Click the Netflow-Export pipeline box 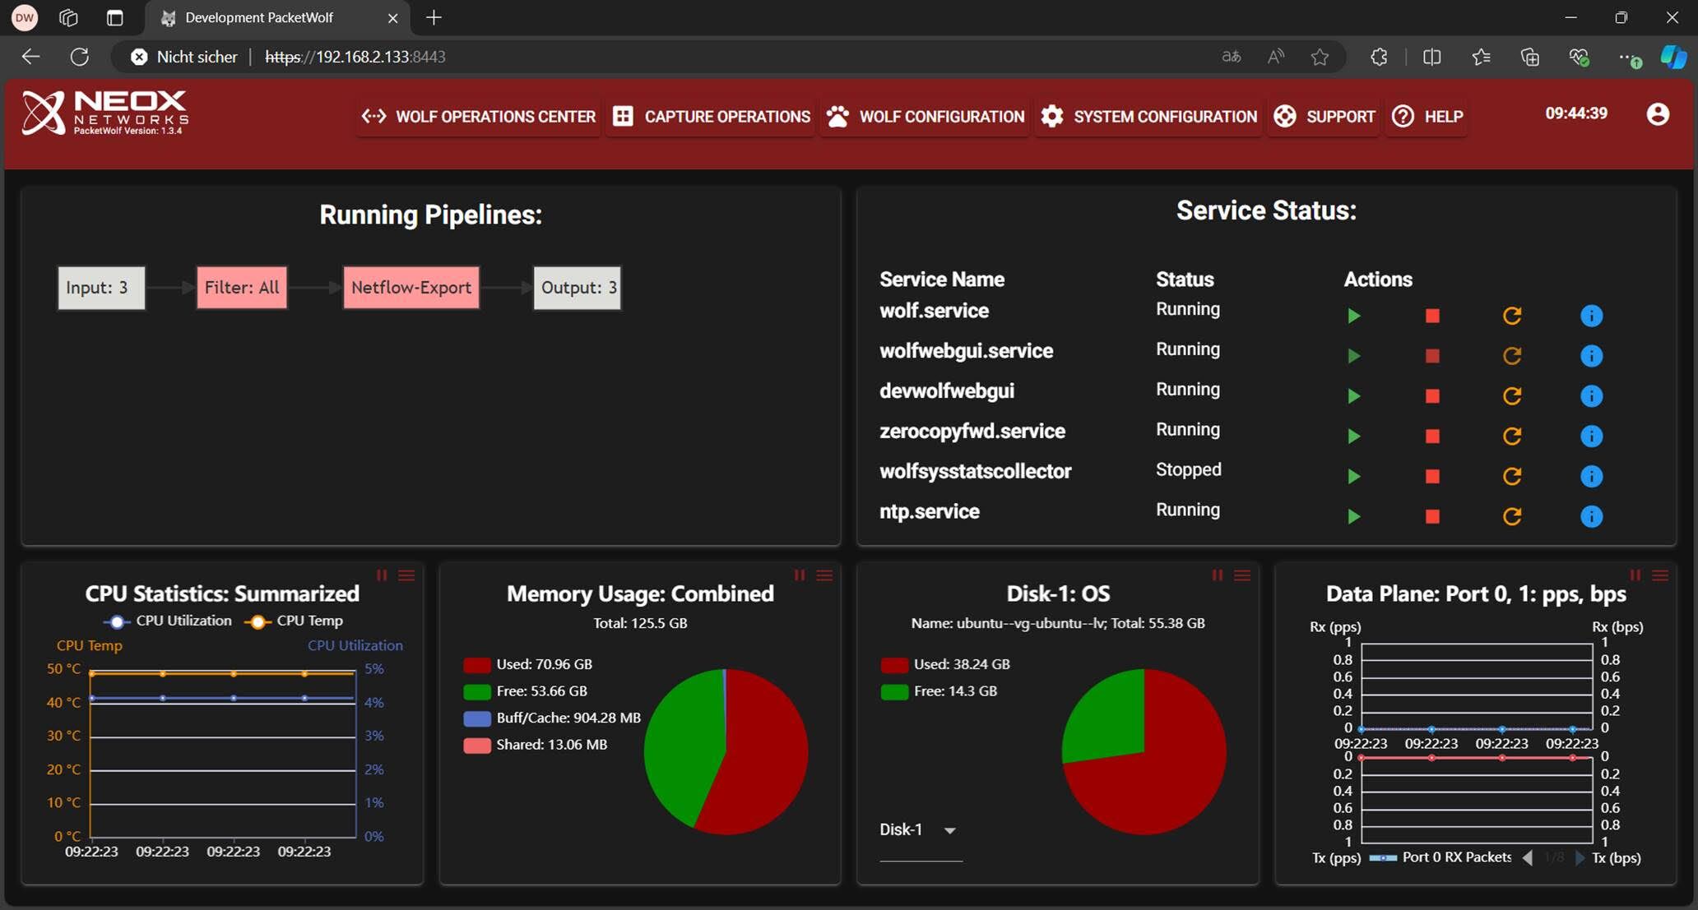(411, 288)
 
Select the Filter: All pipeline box (242, 288)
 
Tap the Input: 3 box (101, 288)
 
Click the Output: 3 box (578, 288)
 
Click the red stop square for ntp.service (1432, 516)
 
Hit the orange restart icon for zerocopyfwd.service (1512, 436)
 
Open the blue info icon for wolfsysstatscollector (1592, 476)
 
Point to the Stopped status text (1189, 469)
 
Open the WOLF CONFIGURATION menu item (926, 117)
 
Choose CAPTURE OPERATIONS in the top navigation (712, 117)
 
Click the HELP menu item (1427, 117)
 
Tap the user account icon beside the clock (1658, 114)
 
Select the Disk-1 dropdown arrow (950, 831)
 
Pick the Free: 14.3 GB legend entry (939, 691)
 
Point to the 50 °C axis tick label (63, 669)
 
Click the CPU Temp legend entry (294, 621)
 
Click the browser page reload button (80, 57)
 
